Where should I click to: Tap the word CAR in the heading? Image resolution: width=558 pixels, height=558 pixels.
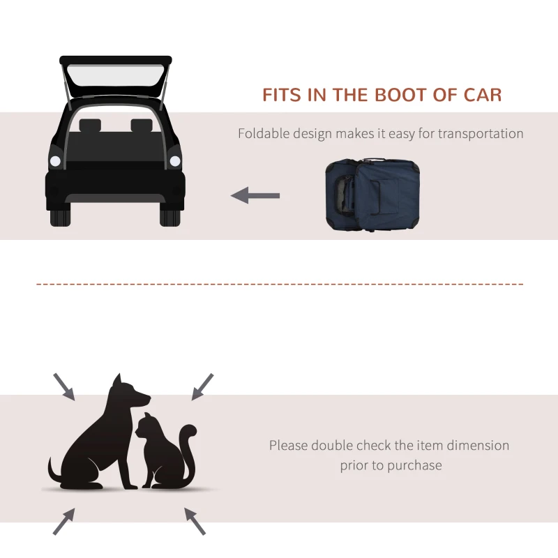481,95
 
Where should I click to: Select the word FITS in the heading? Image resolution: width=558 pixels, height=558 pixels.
283,95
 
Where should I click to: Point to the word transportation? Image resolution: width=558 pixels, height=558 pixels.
481,133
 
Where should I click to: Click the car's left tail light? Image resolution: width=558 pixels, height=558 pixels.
55,161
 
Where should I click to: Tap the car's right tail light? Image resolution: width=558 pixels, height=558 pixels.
175,161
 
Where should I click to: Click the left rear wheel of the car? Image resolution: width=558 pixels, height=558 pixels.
60,215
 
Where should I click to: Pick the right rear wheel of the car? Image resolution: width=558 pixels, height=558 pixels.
170,215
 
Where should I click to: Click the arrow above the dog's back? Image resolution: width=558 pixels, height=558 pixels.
63,386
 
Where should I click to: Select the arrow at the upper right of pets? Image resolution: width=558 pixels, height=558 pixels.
202,386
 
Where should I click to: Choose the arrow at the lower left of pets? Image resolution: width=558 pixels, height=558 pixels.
63,521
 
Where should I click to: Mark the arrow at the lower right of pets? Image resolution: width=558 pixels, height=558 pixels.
195,520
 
